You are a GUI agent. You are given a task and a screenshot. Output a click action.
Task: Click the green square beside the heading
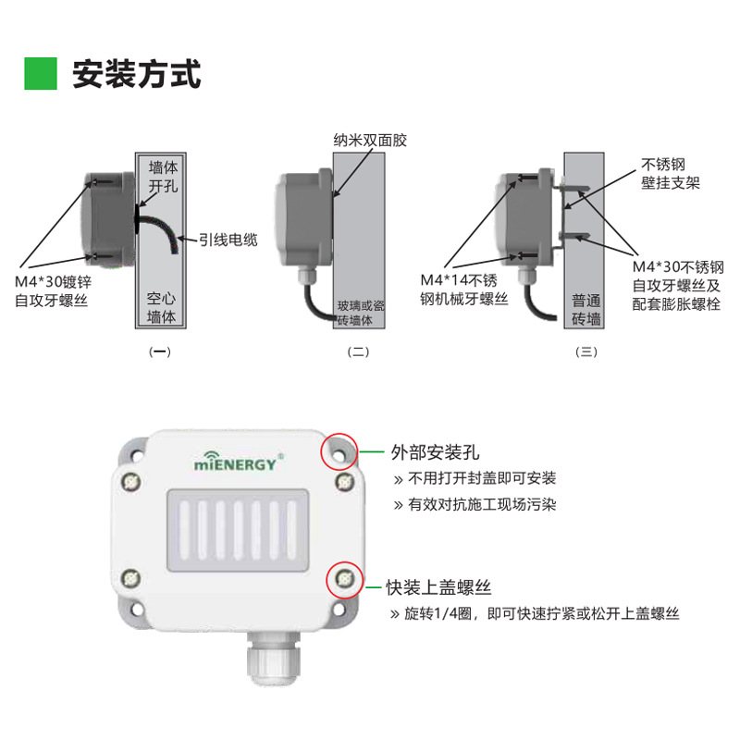click(x=41, y=73)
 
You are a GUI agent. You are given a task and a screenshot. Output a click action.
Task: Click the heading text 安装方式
click(x=136, y=73)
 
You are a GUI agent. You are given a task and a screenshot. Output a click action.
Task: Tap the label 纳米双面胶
click(x=370, y=141)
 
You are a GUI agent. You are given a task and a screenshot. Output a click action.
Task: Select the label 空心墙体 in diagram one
click(x=161, y=309)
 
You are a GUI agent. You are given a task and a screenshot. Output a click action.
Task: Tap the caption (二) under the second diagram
click(x=358, y=351)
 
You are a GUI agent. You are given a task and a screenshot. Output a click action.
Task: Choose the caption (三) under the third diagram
click(x=586, y=351)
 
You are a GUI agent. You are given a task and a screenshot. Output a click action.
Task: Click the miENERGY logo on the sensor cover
click(x=237, y=462)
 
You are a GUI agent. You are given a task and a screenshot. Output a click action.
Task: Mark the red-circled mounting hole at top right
click(x=339, y=451)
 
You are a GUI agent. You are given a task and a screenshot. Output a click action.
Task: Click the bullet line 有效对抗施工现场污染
click(x=481, y=505)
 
